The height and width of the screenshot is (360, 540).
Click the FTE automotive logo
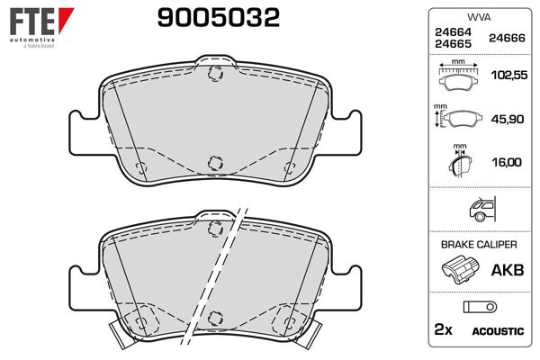tap(41, 28)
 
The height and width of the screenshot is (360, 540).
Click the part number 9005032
tap(219, 18)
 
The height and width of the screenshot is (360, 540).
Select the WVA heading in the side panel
tap(479, 17)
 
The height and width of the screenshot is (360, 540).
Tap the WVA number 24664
tap(453, 32)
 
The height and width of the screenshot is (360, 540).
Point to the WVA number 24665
tap(453, 44)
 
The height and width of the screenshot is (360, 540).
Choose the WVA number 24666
tap(507, 38)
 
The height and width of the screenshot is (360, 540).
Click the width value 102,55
tap(509, 75)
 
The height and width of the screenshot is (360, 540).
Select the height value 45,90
tap(508, 119)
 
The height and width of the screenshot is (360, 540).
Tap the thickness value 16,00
tap(507, 162)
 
